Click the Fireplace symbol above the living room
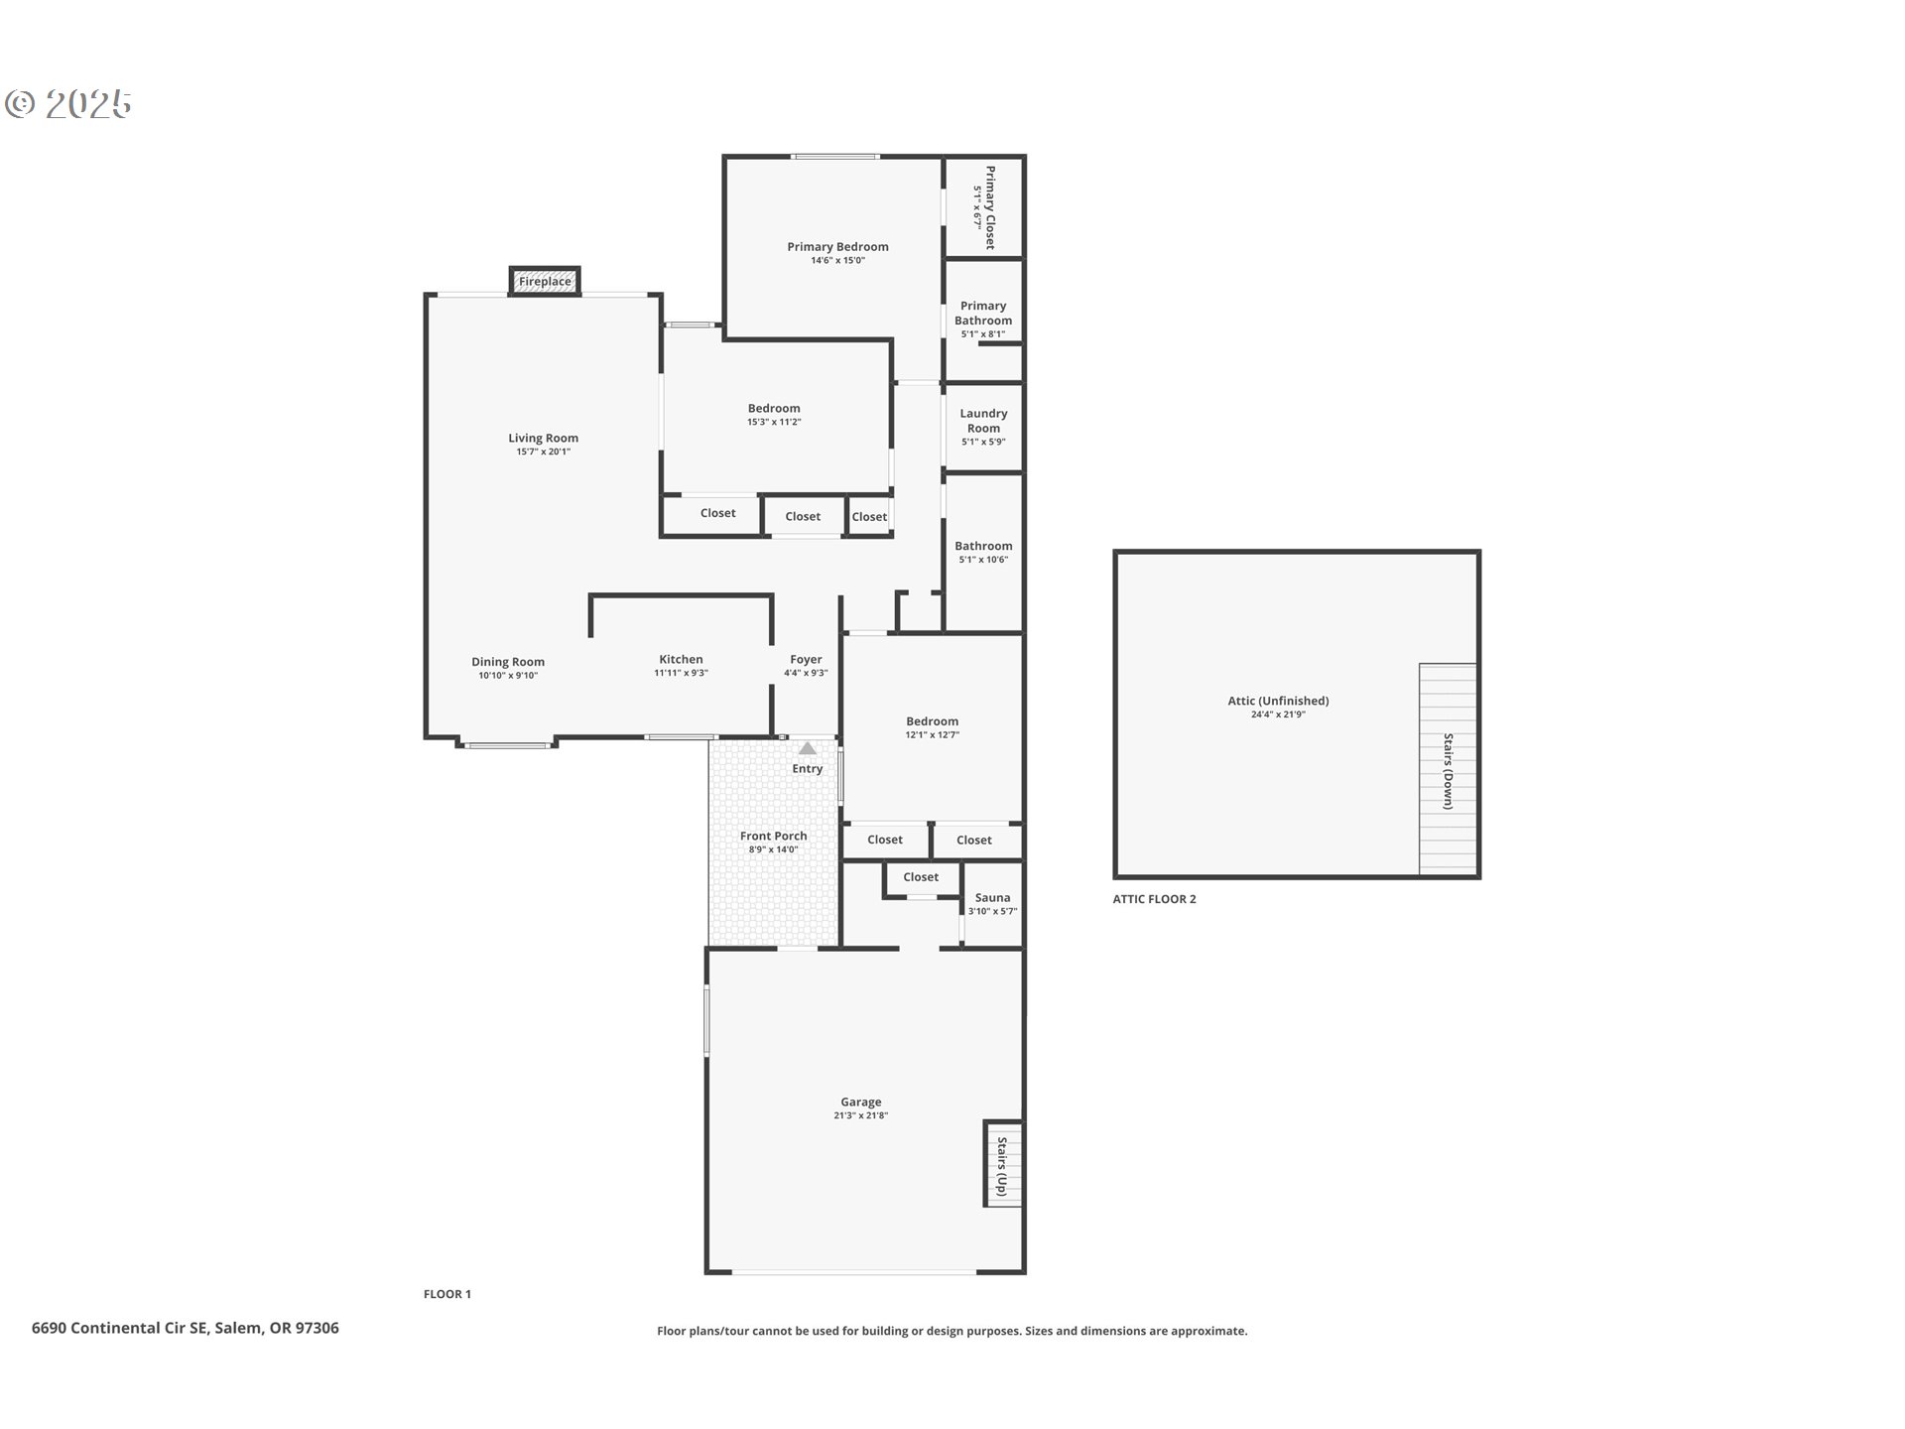[x=545, y=282]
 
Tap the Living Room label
[x=543, y=438]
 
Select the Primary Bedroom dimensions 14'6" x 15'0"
[x=837, y=261]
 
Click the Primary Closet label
[x=989, y=207]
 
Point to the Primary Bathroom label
[x=983, y=314]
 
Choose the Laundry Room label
[x=983, y=421]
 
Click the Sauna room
[x=992, y=903]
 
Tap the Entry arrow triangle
[x=808, y=748]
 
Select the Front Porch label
[x=773, y=836]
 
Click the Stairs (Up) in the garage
[x=1002, y=1165]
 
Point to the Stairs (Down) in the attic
[x=1448, y=771]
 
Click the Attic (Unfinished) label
[x=1278, y=701]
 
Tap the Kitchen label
[x=681, y=659]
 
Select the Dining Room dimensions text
[x=507, y=676]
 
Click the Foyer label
[x=806, y=659]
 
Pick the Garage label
[x=860, y=1102]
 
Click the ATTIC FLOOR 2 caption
[x=1154, y=899]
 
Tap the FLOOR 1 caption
[x=446, y=1294]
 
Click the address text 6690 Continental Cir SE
[x=186, y=1328]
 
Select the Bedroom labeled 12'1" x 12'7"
[x=932, y=727]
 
